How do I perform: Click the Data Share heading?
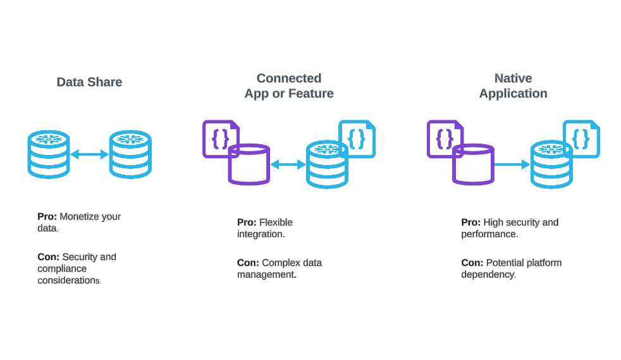pos(89,82)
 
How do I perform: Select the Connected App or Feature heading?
pos(289,86)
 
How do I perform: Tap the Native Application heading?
pos(513,86)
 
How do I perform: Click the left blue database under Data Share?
pos(49,154)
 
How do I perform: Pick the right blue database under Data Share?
pos(130,154)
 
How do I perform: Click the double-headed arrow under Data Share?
pos(89,154)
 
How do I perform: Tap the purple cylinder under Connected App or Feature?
pos(249,165)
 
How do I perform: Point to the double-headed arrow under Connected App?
pos(288,164)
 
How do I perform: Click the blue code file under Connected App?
pos(358,137)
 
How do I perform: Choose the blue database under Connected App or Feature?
pos(327,166)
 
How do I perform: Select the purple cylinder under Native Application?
pos(473,165)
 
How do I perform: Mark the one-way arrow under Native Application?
pos(512,164)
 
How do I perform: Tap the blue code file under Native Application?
pos(582,137)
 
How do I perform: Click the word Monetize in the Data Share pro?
pos(79,216)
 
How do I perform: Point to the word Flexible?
pos(276,222)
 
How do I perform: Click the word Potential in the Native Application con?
pos(505,263)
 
